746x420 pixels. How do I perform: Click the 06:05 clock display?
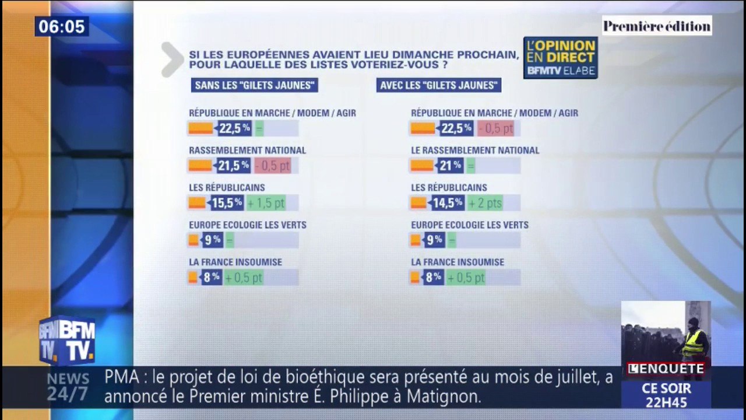(61, 27)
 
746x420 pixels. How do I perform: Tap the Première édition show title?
(657, 26)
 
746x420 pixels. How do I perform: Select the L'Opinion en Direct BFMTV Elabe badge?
(560, 58)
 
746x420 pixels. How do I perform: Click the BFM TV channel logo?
(67, 341)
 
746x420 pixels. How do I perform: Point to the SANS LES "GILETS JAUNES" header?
(255, 85)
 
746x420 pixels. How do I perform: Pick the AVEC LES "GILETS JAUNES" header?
(439, 85)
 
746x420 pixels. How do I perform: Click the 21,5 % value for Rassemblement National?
(233, 166)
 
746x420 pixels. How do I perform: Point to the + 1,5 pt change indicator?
(265, 203)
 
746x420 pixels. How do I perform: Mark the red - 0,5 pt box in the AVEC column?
(495, 128)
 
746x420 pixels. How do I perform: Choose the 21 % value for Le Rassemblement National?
(449, 166)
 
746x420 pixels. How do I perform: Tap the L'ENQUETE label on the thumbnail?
(666, 369)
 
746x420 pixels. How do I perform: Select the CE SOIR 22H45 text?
(666, 395)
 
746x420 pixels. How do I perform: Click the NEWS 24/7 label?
(68, 387)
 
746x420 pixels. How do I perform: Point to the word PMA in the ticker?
(122, 377)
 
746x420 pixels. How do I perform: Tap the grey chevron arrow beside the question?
(172, 60)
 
